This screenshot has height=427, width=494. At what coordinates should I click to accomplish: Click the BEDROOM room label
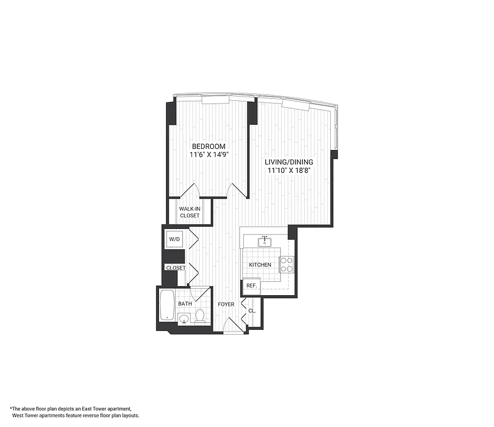[x=209, y=146]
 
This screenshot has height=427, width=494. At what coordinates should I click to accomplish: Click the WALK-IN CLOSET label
[x=189, y=212]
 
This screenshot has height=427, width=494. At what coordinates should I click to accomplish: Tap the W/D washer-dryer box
[x=174, y=240]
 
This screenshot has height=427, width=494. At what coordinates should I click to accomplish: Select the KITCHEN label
[x=260, y=265]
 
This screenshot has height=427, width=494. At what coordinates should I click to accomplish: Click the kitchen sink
[x=264, y=242]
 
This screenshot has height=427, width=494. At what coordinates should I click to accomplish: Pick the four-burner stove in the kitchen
[x=286, y=265]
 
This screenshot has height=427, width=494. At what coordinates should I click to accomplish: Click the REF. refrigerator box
[x=251, y=286]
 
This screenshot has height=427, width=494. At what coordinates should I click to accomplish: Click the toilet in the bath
[x=200, y=317]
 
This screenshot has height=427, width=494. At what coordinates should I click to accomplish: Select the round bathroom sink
[x=183, y=319]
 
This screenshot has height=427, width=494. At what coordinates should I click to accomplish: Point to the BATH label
[x=185, y=304]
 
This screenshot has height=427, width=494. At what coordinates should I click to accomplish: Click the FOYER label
[x=226, y=304]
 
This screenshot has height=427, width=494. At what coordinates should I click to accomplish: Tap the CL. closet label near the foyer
[x=252, y=310]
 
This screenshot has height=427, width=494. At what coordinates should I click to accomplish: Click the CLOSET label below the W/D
[x=176, y=267]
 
